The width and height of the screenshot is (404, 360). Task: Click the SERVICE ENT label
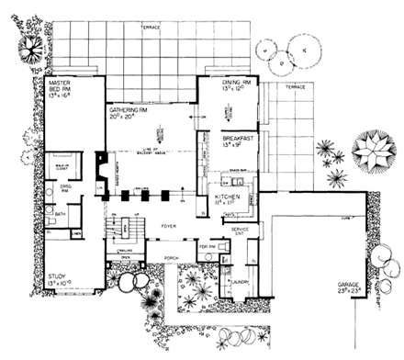pyautogui.click(x=241, y=230)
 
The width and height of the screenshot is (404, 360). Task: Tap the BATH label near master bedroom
pyautogui.click(x=60, y=216)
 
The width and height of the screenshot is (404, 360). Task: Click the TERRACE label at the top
pyautogui.click(x=151, y=28)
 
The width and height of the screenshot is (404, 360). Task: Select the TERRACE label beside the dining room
pyautogui.click(x=294, y=86)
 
